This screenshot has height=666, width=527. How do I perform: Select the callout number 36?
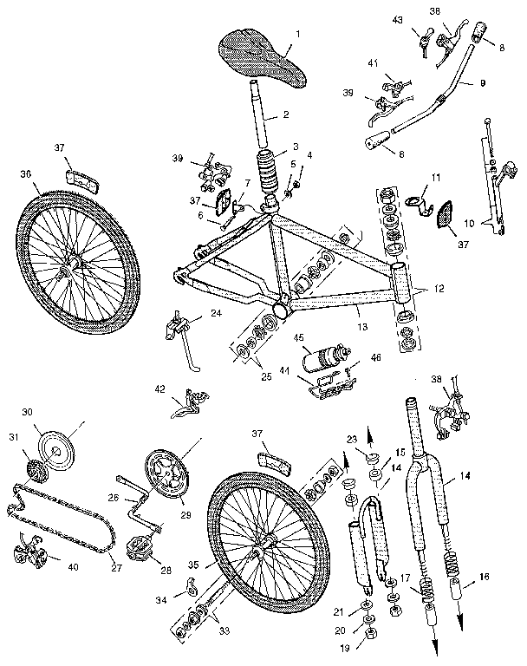pyautogui.click(x=27, y=173)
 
